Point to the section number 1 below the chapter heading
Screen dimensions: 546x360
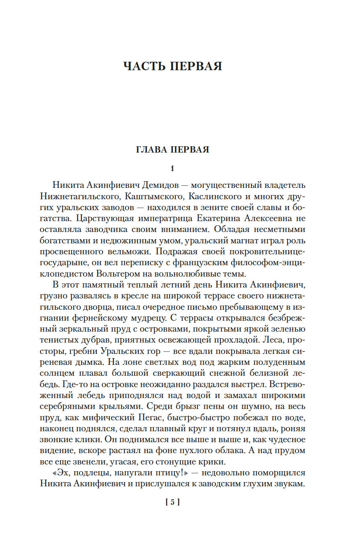pyautogui.click(x=172, y=169)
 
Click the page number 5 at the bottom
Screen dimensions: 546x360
pyautogui.click(x=172, y=501)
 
